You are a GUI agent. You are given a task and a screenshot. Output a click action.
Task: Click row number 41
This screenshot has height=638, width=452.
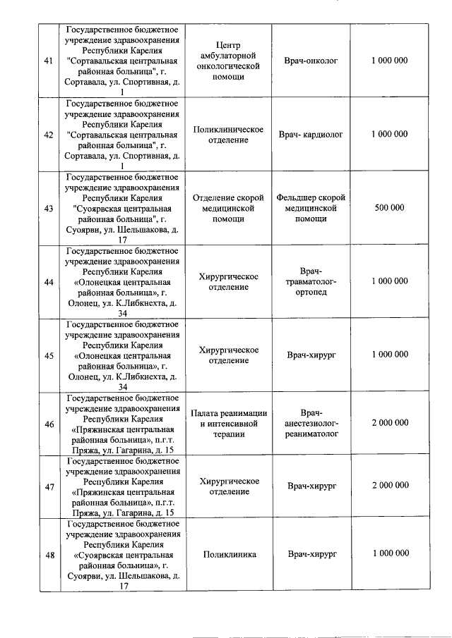(49, 61)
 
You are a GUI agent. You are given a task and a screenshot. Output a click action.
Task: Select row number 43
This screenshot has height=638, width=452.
(49, 208)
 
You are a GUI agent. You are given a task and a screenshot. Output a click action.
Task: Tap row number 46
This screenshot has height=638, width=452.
(49, 424)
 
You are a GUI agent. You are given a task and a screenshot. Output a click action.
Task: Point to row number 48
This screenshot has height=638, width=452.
(49, 555)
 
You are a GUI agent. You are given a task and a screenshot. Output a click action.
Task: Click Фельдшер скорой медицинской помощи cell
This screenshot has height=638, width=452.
(311, 208)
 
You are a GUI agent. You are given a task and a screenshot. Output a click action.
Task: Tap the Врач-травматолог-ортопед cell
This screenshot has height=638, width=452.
(311, 281)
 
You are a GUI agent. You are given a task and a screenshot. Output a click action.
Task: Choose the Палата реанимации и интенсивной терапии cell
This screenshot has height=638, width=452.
(228, 424)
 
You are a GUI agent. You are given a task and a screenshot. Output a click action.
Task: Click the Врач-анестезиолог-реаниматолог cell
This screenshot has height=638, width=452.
(311, 424)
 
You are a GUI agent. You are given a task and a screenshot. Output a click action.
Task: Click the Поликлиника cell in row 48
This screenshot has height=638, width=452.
(228, 555)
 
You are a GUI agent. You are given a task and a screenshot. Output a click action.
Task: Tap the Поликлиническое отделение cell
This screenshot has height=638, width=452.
(228, 135)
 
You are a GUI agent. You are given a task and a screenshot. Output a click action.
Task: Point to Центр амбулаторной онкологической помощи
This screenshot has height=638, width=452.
(228, 61)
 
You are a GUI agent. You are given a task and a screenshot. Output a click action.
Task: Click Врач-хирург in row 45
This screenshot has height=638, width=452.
(311, 355)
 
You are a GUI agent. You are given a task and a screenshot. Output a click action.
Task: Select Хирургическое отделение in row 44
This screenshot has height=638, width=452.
(228, 281)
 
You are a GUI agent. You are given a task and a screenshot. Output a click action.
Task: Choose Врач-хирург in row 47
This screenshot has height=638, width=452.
(311, 486)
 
